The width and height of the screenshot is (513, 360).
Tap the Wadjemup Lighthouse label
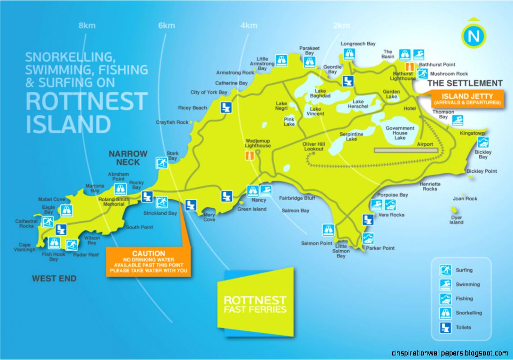(258, 143)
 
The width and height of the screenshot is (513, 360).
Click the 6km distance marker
(166, 26)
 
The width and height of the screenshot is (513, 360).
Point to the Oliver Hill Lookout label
(314, 146)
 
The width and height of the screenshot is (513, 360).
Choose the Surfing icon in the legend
(445, 270)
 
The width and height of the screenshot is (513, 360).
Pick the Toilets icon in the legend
(445, 327)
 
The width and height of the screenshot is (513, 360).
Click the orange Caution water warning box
(148, 261)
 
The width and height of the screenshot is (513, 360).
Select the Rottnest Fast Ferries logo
(255, 302)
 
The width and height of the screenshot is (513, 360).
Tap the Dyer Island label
(456, 220)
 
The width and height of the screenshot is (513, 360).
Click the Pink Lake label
(289, 121)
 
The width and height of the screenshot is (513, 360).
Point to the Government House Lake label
(400, 133)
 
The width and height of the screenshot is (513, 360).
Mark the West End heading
(54, 279)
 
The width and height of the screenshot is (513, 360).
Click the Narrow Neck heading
(128, 157)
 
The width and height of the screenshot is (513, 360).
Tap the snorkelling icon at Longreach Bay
(349, 54)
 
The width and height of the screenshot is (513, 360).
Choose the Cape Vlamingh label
(24, 247)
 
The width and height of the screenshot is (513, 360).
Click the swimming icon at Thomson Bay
(458, 120)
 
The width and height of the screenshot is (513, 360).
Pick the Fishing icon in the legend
(445, 299)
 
